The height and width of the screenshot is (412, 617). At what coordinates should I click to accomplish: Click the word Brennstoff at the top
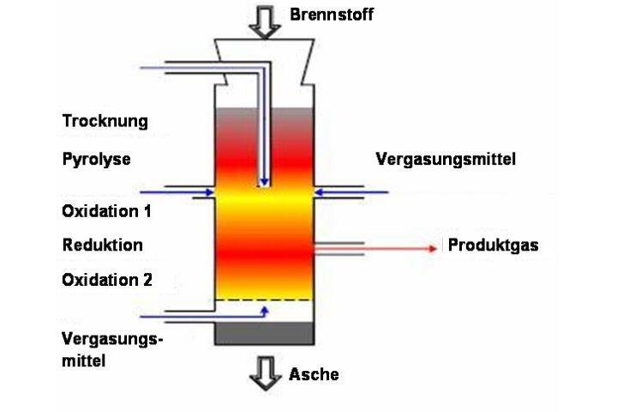point(332,15)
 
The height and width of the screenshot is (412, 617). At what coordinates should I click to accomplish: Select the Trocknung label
point(105,121)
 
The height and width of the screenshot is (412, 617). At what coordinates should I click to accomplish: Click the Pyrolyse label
point(96,160)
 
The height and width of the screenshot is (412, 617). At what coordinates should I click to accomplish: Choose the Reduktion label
point(103,245)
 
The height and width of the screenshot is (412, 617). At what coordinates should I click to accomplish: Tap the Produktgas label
point(493,245)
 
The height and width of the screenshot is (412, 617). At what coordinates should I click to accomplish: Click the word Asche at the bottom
point(314,373)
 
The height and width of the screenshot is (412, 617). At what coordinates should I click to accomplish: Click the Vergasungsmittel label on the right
point(446,160)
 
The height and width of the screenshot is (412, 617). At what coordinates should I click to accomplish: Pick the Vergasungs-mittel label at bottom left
point(111,349)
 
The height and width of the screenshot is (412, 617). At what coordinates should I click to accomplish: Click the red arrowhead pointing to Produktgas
point(432,248)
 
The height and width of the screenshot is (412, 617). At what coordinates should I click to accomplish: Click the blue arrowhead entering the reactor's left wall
point(209,193)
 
